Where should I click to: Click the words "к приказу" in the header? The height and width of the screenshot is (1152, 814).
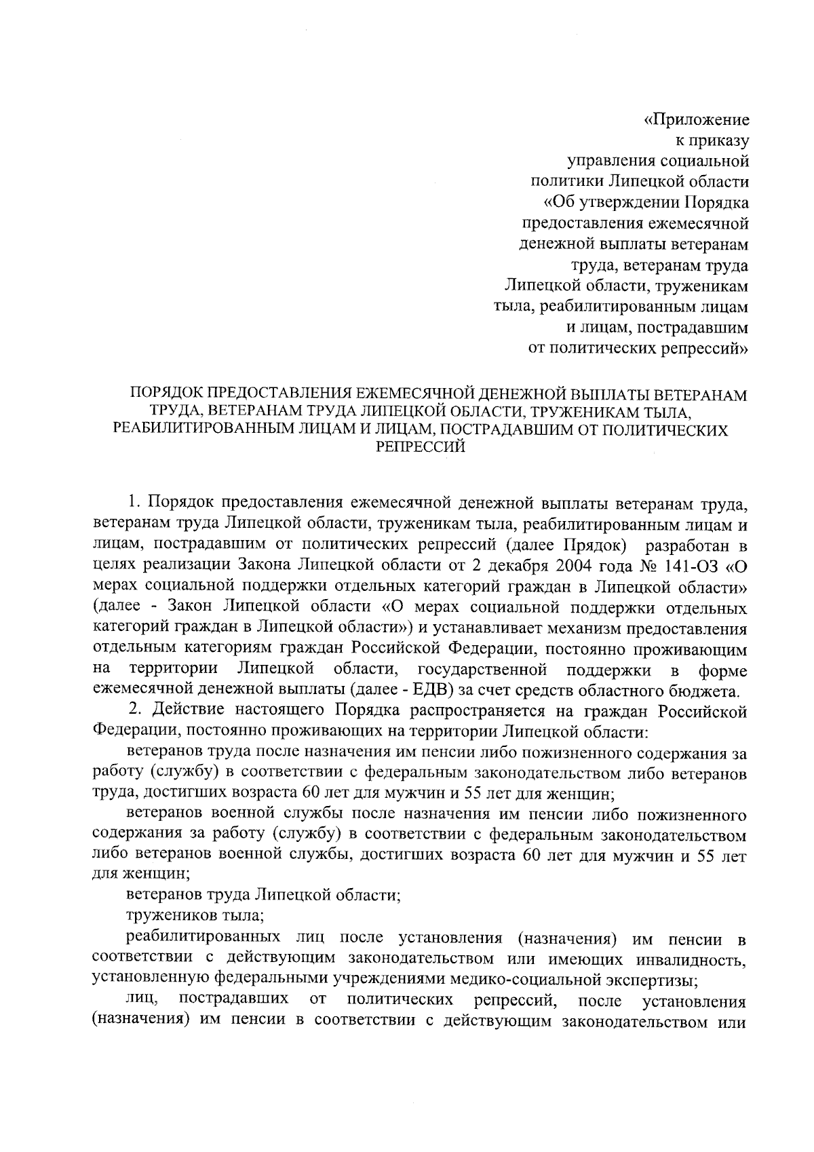click(709, 141)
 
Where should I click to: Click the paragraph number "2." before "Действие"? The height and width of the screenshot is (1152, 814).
click(134, 712)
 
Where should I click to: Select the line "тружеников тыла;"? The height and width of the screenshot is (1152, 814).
click(195, 917)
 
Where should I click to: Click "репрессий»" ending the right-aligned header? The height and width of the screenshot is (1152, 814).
click(707, 349)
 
